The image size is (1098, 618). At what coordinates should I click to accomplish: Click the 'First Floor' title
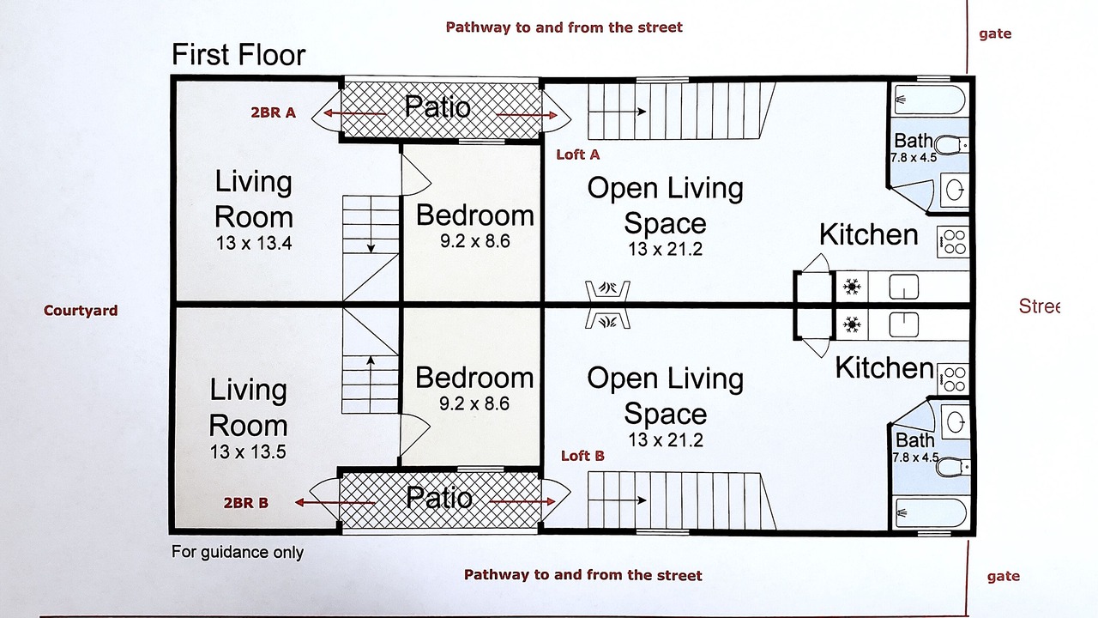(238, 54)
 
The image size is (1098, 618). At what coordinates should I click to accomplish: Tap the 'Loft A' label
(578, 155)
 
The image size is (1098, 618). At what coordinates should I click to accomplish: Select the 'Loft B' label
(582, 456)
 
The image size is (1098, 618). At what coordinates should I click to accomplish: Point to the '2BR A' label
(274, 112)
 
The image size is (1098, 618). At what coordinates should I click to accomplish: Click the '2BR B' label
(246, 503)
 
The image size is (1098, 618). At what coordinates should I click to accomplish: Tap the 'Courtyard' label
(81, 311)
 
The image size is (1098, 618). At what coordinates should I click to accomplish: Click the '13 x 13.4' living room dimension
(254, 243)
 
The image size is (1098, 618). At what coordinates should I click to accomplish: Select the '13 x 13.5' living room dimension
(248, 451)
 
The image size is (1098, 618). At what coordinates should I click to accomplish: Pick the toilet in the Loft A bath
(951, 145)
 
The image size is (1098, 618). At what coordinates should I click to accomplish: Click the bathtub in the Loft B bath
(931, 512)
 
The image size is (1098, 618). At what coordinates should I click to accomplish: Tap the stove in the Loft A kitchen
(953, 242)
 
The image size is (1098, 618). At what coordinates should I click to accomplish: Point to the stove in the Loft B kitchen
(953, 379)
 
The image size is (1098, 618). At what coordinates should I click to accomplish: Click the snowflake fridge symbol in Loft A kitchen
(852, 287)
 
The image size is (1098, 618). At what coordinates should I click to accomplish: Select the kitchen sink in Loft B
(904, 324)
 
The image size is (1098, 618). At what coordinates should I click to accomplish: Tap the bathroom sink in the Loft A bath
(956, 190)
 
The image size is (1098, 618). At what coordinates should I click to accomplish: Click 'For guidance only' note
(238, 552)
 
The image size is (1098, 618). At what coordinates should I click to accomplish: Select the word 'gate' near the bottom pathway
(1004, 576)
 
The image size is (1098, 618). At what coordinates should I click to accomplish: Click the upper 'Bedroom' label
(475, 215)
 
